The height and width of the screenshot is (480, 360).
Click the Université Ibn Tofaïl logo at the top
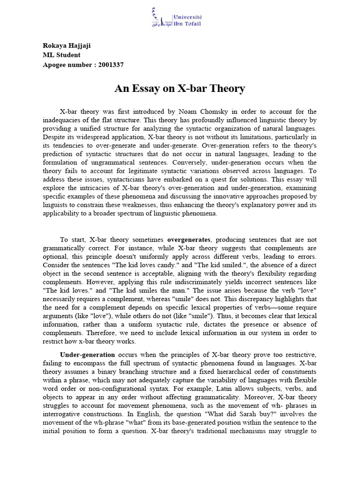(x=180, y=18)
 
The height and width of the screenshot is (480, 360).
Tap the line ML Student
(x=61, y=55)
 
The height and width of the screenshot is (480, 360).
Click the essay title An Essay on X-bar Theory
(x=180, y=88)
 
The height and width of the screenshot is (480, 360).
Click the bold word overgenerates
(x=189, y=240)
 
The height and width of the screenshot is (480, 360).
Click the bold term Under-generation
(x=87, y=354)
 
